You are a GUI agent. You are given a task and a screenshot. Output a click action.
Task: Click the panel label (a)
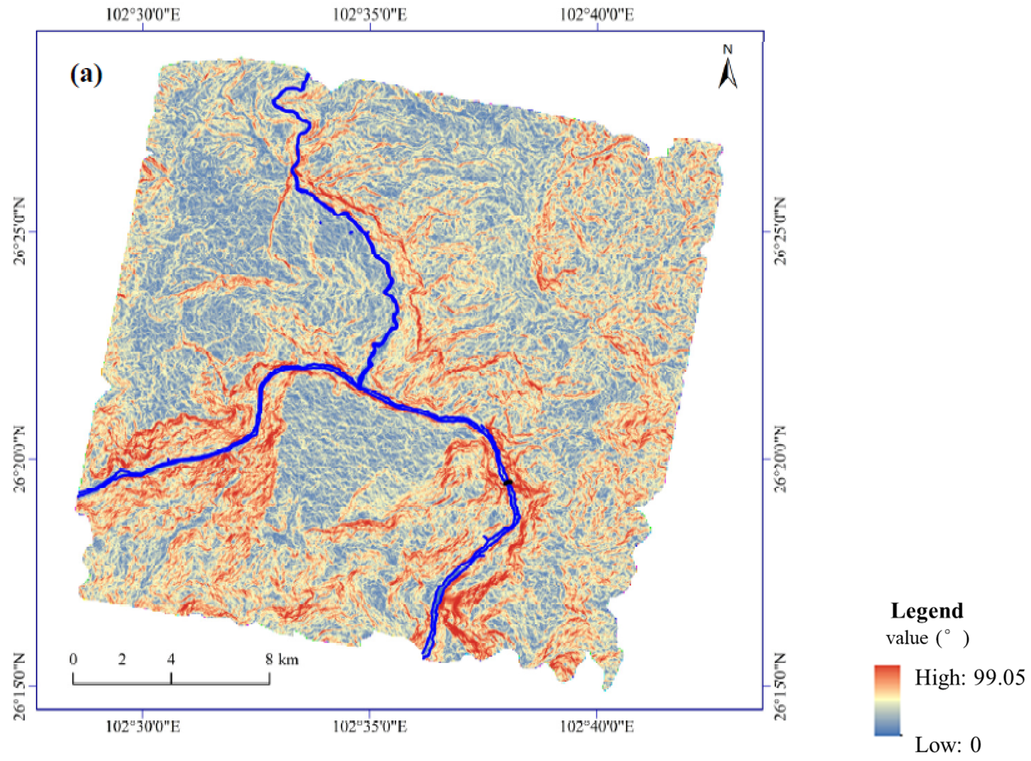click(86, 74)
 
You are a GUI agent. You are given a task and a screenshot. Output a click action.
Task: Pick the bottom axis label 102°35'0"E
click(370, 726)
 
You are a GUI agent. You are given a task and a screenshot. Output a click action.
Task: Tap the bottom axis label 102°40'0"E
click(597, 726)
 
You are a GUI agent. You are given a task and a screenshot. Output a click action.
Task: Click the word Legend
click(927, 611)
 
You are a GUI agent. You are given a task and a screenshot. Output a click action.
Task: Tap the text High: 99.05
click(970, 677)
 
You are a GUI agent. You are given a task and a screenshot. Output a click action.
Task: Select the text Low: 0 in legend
click(948, 745)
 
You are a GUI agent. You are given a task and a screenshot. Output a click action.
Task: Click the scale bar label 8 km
click(282, 659)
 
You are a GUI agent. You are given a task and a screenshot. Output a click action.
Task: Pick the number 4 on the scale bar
click(171, 659)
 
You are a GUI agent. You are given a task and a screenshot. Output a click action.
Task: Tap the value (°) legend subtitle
click(927, 638)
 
